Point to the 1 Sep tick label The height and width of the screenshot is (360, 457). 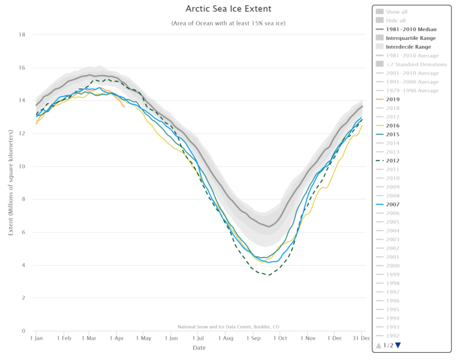(252, 338)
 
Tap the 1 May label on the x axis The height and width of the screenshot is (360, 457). (143, 338)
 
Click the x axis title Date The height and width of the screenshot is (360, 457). (199, 348)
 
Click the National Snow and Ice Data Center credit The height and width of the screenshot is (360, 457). (228, 327)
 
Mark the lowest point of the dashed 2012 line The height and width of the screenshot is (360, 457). (269, 275)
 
